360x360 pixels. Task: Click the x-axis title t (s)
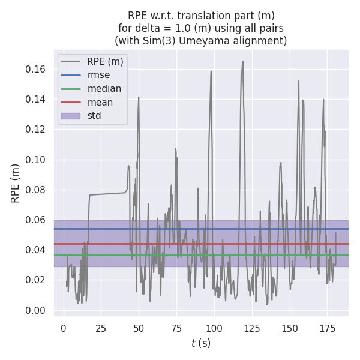tap(201, 343)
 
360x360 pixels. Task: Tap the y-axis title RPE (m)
tap(16, 183)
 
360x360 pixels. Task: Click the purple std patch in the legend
tap(71, 116)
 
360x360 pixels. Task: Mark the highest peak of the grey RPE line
tap(243, 61)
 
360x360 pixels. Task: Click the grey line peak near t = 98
tap(211, 71)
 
